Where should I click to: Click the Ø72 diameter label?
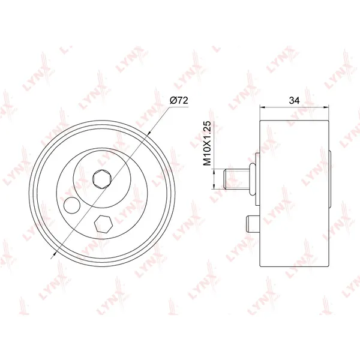click(x=179, y=100)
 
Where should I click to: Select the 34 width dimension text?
click(x=294, y=100)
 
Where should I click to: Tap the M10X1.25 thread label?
click(x=207, y=143)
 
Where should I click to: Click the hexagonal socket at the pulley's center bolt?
click(x=102, y=179)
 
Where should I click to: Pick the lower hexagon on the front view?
click(x=103, y=224)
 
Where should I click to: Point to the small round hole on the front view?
click(x=72, y=205)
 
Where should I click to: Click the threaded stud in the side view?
click(x=236, y=179)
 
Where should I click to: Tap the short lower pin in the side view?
click(x=253, y=224)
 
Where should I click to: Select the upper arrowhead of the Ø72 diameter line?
click(x=148, y=133)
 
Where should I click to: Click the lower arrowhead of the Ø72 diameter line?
click(x=55, y=253)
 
